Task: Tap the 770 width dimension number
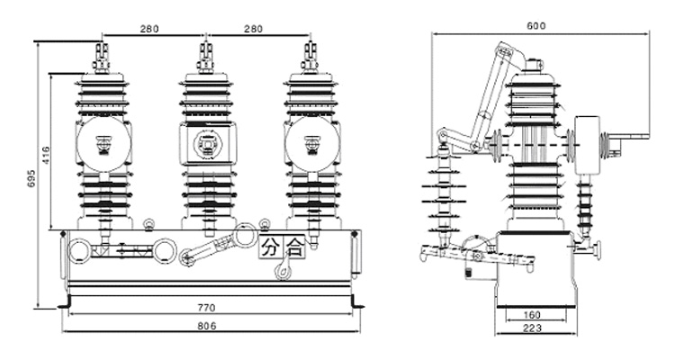(x=206, y=308)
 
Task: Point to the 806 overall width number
(x=206, y=325)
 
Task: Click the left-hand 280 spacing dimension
(x=150, y=29)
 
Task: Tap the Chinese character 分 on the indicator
(x=271, y=247)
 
